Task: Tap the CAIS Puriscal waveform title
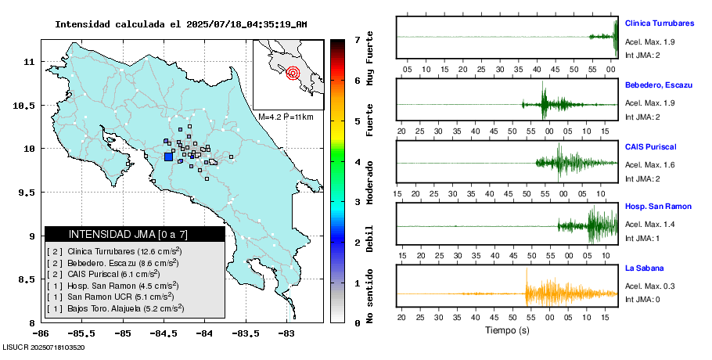[650, 146]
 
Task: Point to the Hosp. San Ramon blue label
[658, 206]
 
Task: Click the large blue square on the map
[168, 157]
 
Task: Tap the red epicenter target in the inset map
[293, 74]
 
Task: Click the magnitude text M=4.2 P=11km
[286, 117]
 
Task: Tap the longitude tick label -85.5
[122, 332]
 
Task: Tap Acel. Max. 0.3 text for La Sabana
[650, 286]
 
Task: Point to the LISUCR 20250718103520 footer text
[43, 347]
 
